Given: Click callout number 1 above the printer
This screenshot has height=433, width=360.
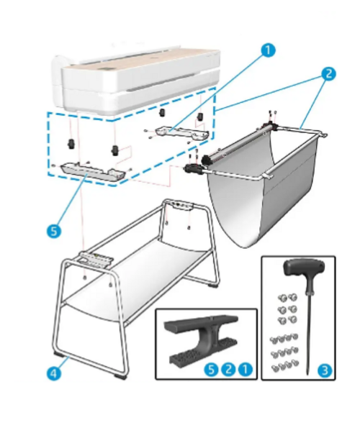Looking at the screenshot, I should click(268, 50).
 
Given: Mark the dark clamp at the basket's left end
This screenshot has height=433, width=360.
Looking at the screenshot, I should click(192, 168).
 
